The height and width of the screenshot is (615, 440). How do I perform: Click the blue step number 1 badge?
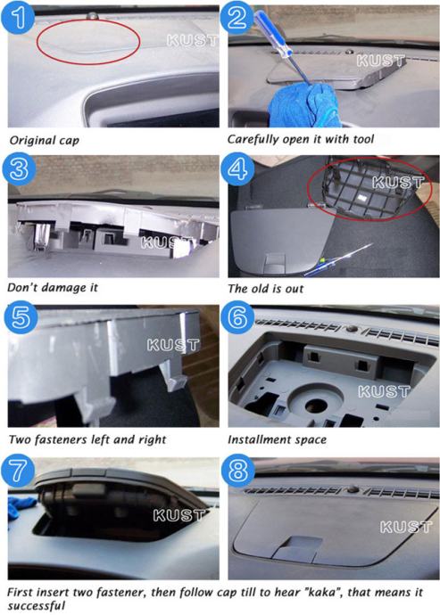(x=18, y=16)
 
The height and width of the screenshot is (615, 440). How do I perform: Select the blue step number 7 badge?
(x=18, y=471)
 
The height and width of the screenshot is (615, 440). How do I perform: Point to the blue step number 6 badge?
(x=237, y=317)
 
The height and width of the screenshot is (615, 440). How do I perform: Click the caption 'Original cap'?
(x=44, y=141)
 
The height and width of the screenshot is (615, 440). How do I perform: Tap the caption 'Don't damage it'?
(x=53, y=288)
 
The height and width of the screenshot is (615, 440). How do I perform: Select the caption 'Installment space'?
(x=277, y=439)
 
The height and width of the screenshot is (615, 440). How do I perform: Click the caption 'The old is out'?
(x=266, y=289)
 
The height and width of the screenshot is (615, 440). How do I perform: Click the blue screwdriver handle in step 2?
(x=272, y=32)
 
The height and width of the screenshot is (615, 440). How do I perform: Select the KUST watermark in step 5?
(x=173, y=345)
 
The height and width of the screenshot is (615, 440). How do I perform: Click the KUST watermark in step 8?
(x=406, y=527)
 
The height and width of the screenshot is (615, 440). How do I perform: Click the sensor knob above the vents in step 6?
(x=353, y=327)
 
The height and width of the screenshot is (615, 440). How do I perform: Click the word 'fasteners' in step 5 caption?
(x=61, y=439)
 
